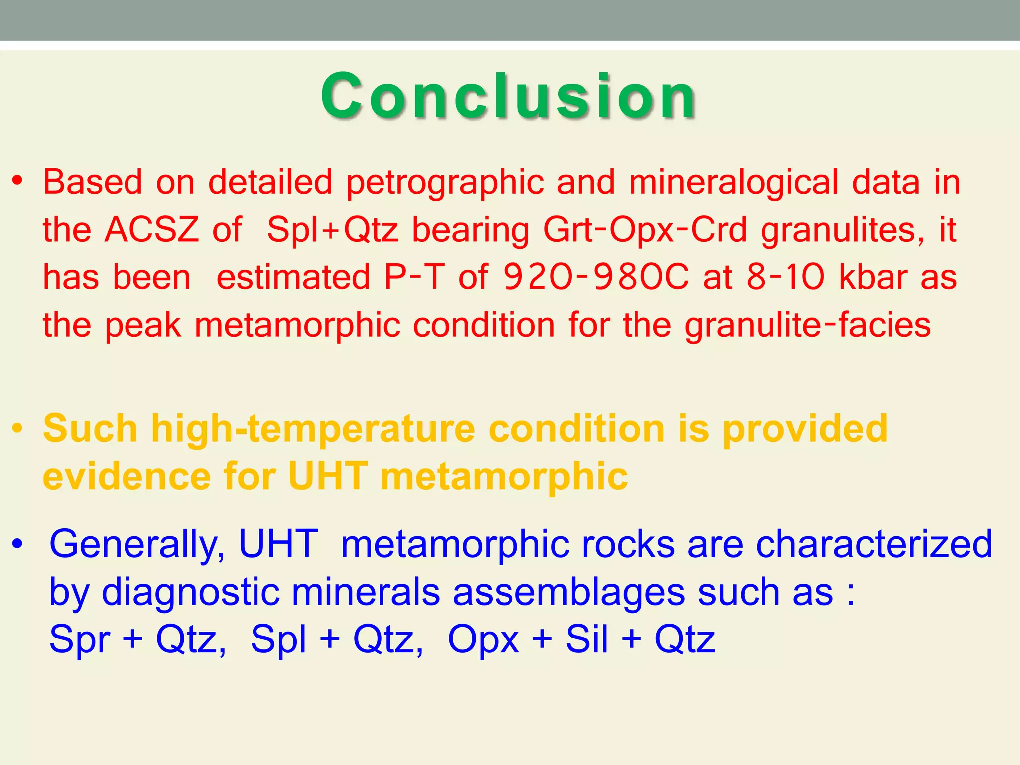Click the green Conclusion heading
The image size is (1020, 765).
pos(508,96)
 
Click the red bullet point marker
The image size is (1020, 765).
pos(18,181)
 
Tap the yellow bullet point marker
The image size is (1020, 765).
pos(18,428)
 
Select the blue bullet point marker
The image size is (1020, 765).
pos(18,544)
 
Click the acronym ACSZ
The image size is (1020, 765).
pos(152,230)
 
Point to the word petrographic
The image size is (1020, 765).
pos(444,182)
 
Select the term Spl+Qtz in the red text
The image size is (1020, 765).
pos(332,230)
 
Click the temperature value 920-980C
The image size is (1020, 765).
pos(596,277)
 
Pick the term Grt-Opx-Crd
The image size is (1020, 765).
pos(645,230)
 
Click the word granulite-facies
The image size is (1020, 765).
pos(807,325)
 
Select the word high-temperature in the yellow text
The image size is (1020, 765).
pos(313,428)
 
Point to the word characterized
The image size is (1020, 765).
pos(874,544)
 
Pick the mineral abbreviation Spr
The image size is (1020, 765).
pos(80,639)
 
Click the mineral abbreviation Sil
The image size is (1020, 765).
pos(586,639)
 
